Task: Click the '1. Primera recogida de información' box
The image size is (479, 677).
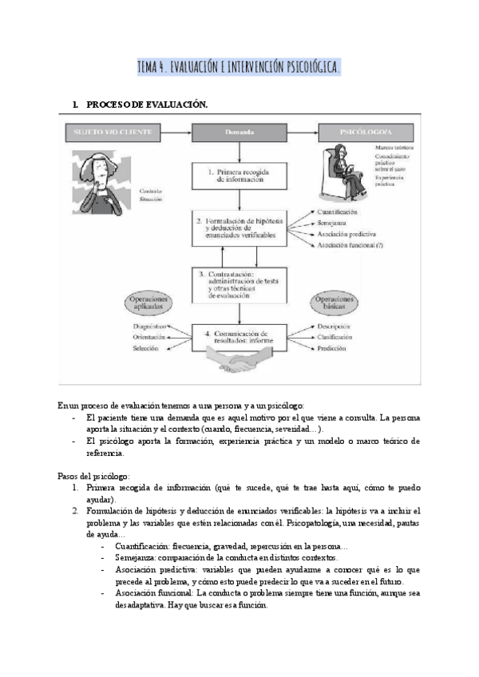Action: click(x=239, y=176)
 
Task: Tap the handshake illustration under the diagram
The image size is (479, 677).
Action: click(x=240, y=366)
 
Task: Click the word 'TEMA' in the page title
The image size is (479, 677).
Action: click(x=149, y=67)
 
